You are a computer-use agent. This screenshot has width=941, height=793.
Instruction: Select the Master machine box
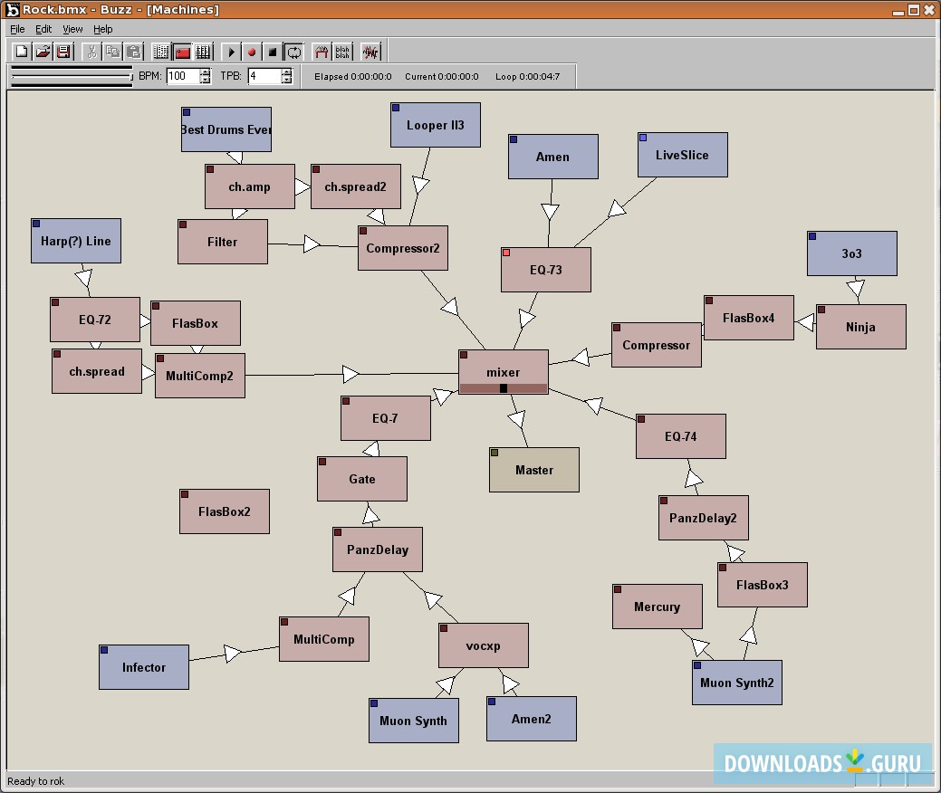pos(533,470)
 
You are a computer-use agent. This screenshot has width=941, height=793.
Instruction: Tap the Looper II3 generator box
pos(435,125)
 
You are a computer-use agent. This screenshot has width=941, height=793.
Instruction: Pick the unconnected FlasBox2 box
pos(225,511)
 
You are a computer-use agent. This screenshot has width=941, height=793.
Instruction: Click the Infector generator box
pos(144,667)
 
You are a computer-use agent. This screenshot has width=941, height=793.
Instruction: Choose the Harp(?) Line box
pos(76,241)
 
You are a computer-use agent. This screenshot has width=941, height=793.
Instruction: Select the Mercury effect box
pos(657,607)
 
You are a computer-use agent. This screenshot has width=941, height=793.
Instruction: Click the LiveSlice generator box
pos(682,155)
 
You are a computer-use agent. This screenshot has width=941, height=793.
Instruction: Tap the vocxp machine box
pos(483,645)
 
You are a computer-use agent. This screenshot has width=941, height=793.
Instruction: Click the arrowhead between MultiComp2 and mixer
pos(350,374)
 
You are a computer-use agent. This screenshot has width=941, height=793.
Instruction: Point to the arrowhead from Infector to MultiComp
pos(233,653)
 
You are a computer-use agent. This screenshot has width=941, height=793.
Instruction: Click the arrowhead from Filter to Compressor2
pos(312,244)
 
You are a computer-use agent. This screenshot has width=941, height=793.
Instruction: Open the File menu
pos(17,29)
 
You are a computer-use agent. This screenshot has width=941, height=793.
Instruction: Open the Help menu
pos(103,29)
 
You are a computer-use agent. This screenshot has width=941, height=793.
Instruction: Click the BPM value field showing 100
pos(182,76)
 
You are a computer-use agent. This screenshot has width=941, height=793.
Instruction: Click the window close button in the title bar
pos(929,10)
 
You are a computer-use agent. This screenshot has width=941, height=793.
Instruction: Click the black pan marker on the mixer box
pos(504,388)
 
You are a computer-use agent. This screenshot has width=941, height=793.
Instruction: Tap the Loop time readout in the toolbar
pos(527,76)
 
